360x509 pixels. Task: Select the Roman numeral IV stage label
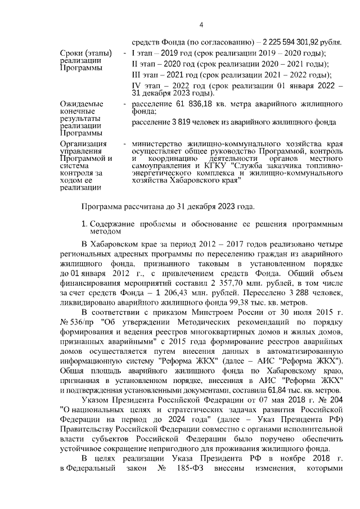[136, 85]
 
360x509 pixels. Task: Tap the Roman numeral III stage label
[137, 74]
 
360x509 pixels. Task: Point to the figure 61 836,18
[188, 105]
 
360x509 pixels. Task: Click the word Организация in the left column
[84, 143]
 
